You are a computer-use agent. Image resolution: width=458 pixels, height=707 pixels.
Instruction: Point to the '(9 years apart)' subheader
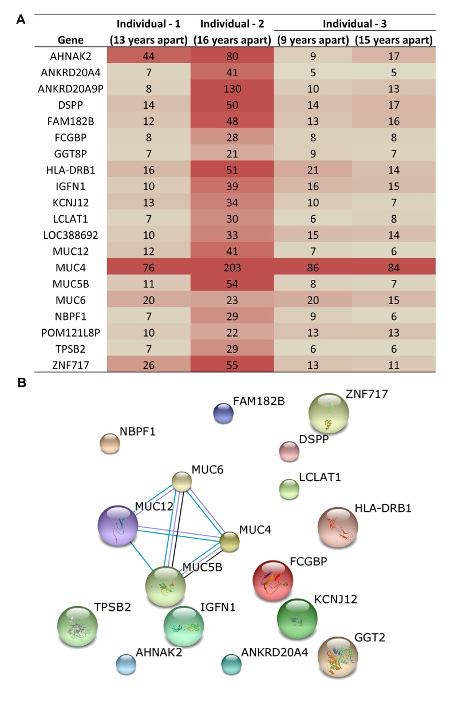(x=313, y=41)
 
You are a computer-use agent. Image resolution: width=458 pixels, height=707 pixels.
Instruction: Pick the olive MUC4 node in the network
(x=229, y=542)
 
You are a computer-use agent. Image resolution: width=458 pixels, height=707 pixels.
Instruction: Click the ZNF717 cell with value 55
(x=232, y=362)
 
